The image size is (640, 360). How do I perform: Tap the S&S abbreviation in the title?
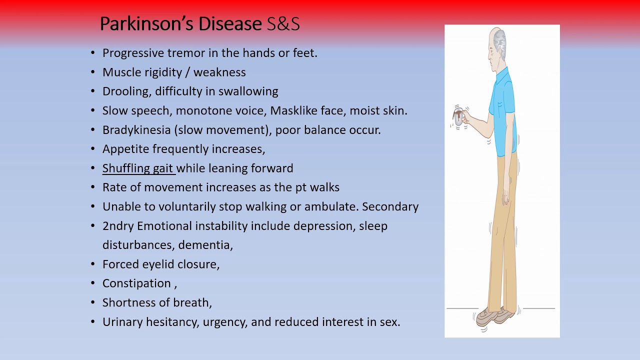(x=283, y=24)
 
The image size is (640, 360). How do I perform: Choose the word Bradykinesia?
(x=136, y=130)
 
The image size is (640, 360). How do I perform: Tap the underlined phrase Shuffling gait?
(x=138, y=168)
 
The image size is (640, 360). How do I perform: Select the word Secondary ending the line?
(x=390, y=206)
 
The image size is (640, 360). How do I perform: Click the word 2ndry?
(x=118, y=226)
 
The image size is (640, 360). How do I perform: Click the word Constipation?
(x=136, y=283)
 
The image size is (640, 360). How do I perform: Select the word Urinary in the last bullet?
(x=122, y=322)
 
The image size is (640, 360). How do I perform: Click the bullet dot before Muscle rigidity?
(x=93, y=72)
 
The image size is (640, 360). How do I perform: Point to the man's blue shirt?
(x=505, y=110)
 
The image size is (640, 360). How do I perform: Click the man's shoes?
(x=495, y=315)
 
